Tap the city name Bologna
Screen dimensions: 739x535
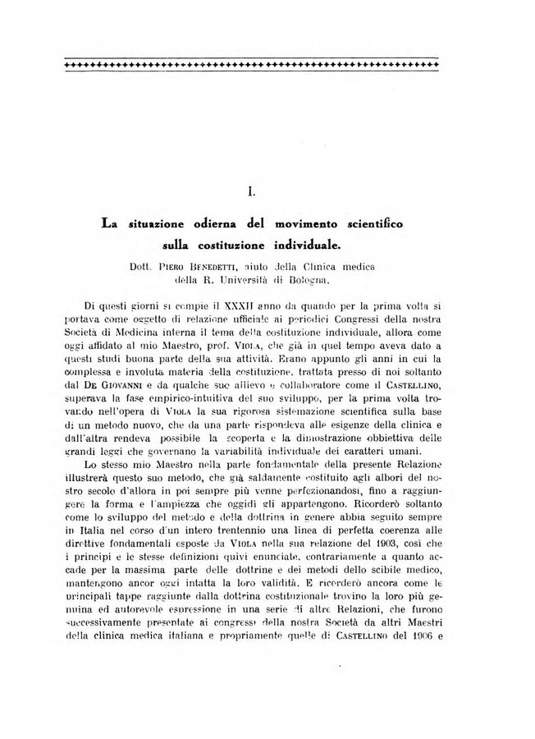coord(307,280)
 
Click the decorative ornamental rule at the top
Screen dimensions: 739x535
coord(250,62)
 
